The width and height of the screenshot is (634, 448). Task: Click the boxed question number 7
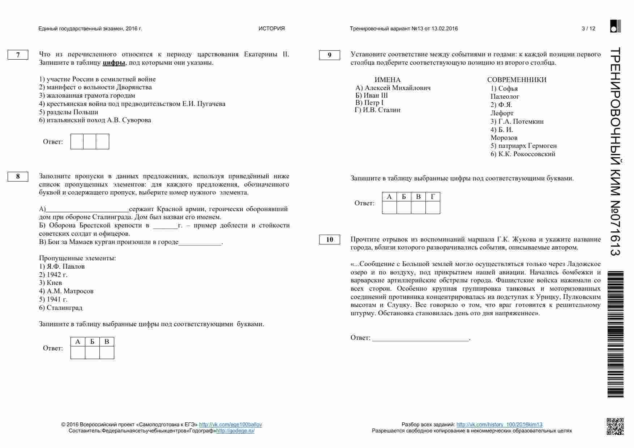[18, 55]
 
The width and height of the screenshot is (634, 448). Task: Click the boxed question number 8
[18, 177]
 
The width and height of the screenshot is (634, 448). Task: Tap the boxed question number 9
[329, 55]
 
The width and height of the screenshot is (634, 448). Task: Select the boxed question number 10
[329, 240]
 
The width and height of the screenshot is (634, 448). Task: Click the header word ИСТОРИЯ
[271, 29]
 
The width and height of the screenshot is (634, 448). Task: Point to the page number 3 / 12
[588, 29]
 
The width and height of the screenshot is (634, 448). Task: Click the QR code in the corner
[615, 426]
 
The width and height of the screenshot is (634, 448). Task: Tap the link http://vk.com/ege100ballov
[230, 424]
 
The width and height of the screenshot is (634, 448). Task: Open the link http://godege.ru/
[235, 431]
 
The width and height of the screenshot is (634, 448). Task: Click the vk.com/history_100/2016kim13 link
[499, 424]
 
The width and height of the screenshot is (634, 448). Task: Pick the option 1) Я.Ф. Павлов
[62, 266]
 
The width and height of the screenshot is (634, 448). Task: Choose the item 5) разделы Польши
[69, 112]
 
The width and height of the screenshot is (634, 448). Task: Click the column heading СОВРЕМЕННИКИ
[517, 80]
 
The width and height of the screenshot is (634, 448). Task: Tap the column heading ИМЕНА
[387, 80]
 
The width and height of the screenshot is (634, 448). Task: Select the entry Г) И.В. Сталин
[378, 110]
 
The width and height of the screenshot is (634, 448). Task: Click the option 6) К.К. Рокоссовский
[523, 154]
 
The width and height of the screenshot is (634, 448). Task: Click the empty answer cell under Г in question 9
[433, 208]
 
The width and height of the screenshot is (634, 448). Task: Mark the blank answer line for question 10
[420, 338]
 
